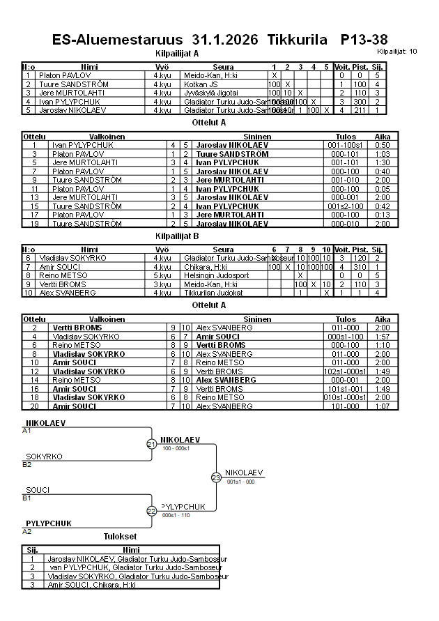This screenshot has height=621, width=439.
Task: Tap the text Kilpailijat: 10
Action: [x=397, y=52]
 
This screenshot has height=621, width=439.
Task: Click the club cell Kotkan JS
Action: [x=201, y=84]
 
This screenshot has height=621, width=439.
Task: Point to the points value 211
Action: [x=360, y=110]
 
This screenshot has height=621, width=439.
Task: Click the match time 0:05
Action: [x=382, y=189]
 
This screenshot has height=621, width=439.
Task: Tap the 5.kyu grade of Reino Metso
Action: [x=162, y=275]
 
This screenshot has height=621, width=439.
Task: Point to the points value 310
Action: [x=360, y=267]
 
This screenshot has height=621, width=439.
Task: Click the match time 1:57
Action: [x=382, y=337]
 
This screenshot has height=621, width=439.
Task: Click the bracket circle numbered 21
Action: [x=151, y=444]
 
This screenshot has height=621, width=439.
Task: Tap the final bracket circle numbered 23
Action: [x=216, y=477]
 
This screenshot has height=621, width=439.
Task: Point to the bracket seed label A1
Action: [x=27, y=431]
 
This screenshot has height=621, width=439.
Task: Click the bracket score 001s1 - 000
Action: [x=240, y=482]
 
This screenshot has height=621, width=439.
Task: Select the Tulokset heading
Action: [x=120, y=537]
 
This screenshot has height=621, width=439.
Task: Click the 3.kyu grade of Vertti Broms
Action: [x=162, y=284]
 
